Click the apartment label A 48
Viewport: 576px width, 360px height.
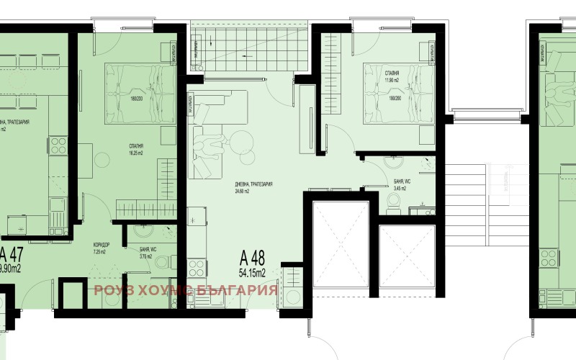point(253,258)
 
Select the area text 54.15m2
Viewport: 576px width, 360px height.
point(253,273)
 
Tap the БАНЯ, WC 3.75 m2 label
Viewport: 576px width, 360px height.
point(150,251)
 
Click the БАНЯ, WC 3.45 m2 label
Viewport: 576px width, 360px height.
point(402,185)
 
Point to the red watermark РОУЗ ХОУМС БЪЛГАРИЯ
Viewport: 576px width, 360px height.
point(186,290)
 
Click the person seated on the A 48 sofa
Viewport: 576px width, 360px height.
point(210,146)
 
